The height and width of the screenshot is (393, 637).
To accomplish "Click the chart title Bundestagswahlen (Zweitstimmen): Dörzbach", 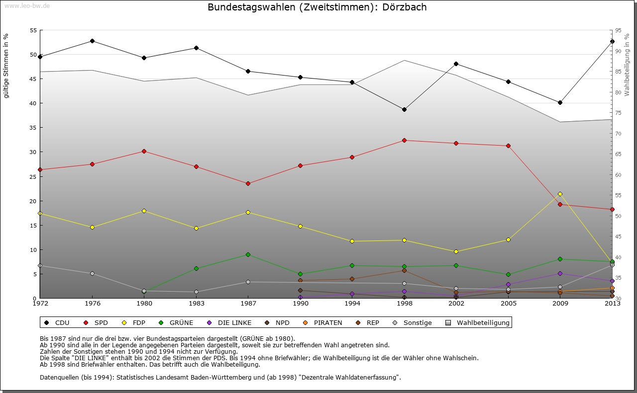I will tap(317, 7).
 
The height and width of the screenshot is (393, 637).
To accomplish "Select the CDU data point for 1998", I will tap(404, 109).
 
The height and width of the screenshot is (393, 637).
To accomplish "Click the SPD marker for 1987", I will tap(248, 183).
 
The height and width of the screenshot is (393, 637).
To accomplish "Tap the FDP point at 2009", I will tap(560, 194).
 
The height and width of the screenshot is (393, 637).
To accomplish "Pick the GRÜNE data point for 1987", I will tap(248, 254).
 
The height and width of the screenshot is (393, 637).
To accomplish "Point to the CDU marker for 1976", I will tap(92, 41).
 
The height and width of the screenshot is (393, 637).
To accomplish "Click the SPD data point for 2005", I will tap(508, 146).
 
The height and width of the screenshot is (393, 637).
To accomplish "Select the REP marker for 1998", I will tap(404, 270).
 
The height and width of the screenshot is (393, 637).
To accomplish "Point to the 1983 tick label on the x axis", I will tap(196, 303).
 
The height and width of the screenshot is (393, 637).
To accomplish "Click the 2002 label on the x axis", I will tap(456, 303).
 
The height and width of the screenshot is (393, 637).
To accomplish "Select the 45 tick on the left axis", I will tap(33, 79).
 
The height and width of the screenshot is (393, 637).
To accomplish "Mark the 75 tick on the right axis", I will tap(618, 113).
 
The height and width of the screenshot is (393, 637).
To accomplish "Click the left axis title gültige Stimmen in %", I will tap(6, 66).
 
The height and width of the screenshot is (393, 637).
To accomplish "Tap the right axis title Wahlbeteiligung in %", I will tap(627, 65).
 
